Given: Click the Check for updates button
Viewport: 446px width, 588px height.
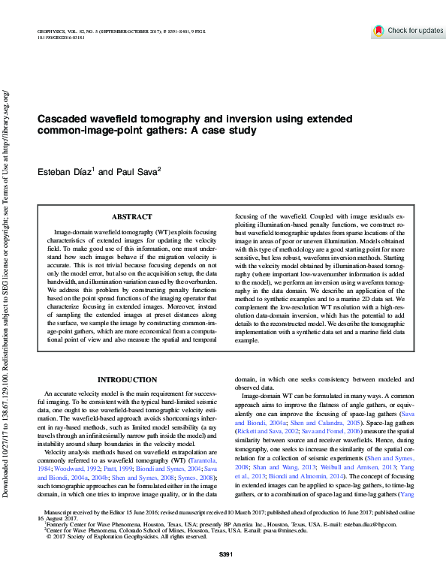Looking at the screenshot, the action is [x=409, y=31].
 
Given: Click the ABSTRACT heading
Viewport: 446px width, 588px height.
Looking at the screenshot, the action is [x=131, y=216].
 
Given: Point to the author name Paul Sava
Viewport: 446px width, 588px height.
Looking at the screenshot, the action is [x=136, y=172].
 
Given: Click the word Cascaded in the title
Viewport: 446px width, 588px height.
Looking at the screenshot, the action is [x=67, y=119].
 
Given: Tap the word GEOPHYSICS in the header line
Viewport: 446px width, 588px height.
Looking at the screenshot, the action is [x=50, y=30].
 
